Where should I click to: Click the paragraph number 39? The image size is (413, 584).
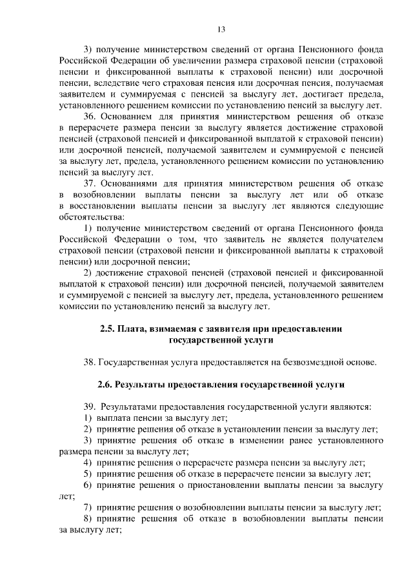(89, 407)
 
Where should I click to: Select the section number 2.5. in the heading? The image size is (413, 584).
(108, 328)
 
